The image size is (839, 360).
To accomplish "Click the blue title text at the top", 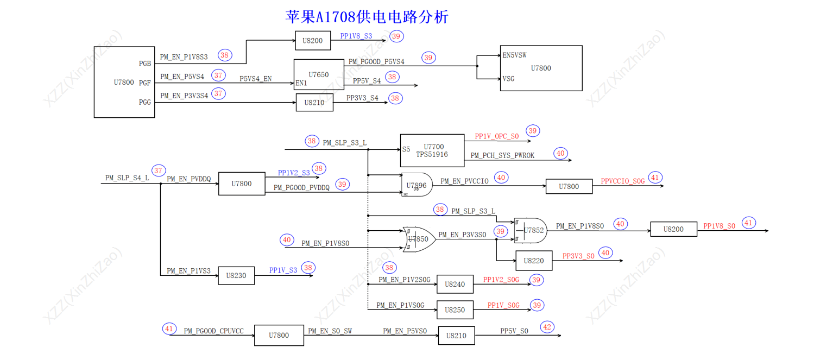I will tap(367, 17).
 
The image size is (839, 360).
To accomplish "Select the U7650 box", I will tap(318, 74).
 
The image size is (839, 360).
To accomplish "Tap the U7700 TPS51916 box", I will tap(432, 150).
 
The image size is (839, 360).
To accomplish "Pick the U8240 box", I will tap(455, 284).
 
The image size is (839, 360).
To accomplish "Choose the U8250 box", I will tap(455, 310).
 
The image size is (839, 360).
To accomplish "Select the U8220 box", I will tap(534, 261).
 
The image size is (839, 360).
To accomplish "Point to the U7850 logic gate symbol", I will tap(418, 239).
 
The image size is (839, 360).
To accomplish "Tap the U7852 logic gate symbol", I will tap(531, 231).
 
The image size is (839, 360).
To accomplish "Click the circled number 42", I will tap(548, 327).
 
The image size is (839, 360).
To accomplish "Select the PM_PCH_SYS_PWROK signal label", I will tap(502, 156).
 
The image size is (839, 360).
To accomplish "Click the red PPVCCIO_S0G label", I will tap(622, 181).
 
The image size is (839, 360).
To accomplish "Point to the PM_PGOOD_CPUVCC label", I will tap(213, 331).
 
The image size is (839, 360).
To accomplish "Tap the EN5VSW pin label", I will tap(514, 55).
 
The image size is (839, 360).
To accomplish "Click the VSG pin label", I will tap(509, 79).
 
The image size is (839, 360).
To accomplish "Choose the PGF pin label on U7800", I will tap(144, 83).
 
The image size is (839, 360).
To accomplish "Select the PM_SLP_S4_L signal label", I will tap(127, 178).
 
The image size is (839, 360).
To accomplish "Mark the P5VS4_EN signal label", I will tap(255, 79).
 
